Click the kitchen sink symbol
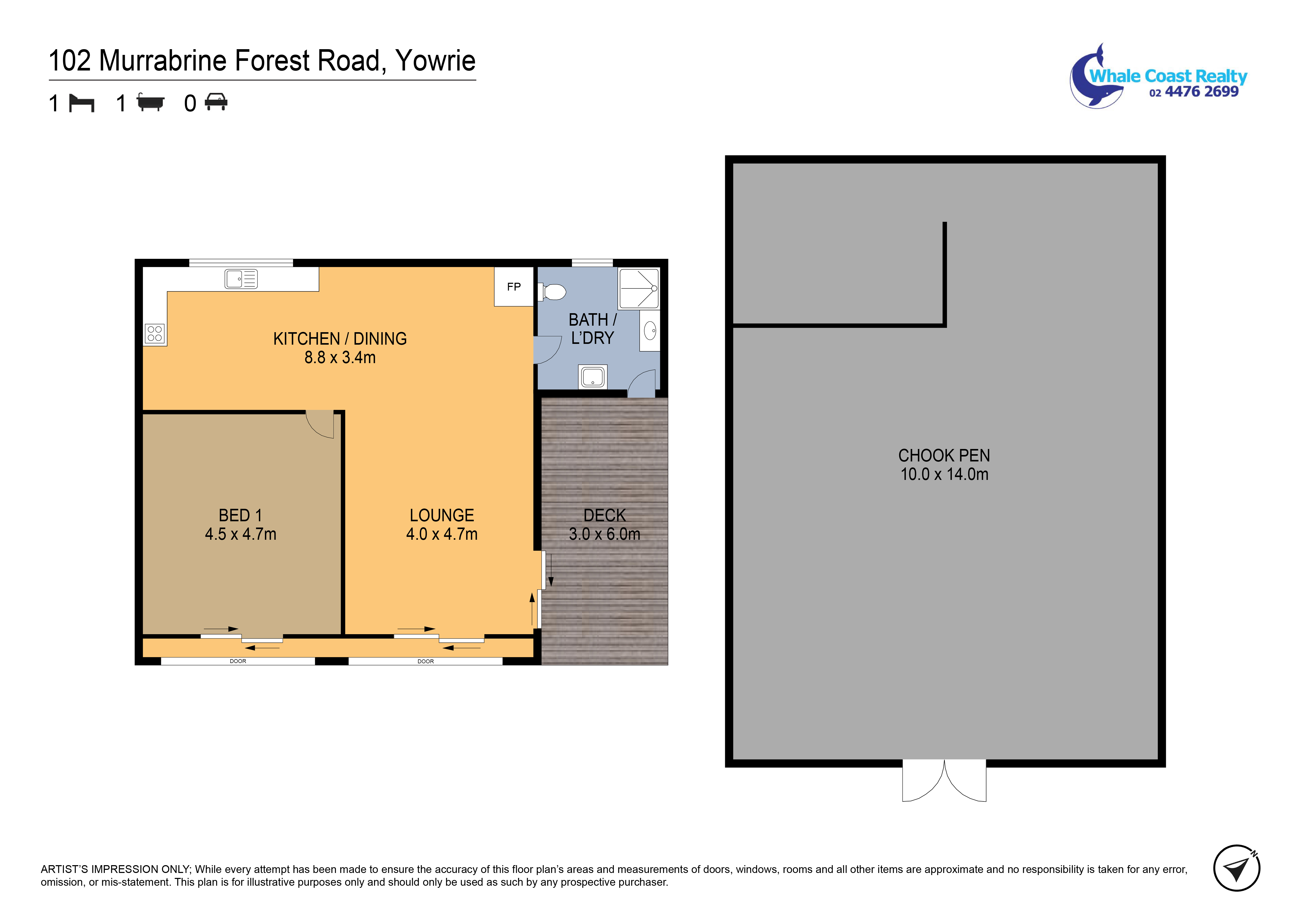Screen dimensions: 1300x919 (x=241, y=279)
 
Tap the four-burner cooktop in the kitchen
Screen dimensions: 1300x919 (x=155, y=334)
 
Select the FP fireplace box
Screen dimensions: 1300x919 (x=513, y=287)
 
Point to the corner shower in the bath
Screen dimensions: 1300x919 (x=639, y=288)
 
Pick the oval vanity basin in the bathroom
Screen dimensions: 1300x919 (x=650, y=330)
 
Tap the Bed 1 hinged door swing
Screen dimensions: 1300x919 (x=320, y=424)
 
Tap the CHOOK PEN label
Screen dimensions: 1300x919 (x=944, y=455)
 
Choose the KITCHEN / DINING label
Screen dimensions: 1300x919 (x=340, y=339)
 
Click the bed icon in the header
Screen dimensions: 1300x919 (x=82, y=103)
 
